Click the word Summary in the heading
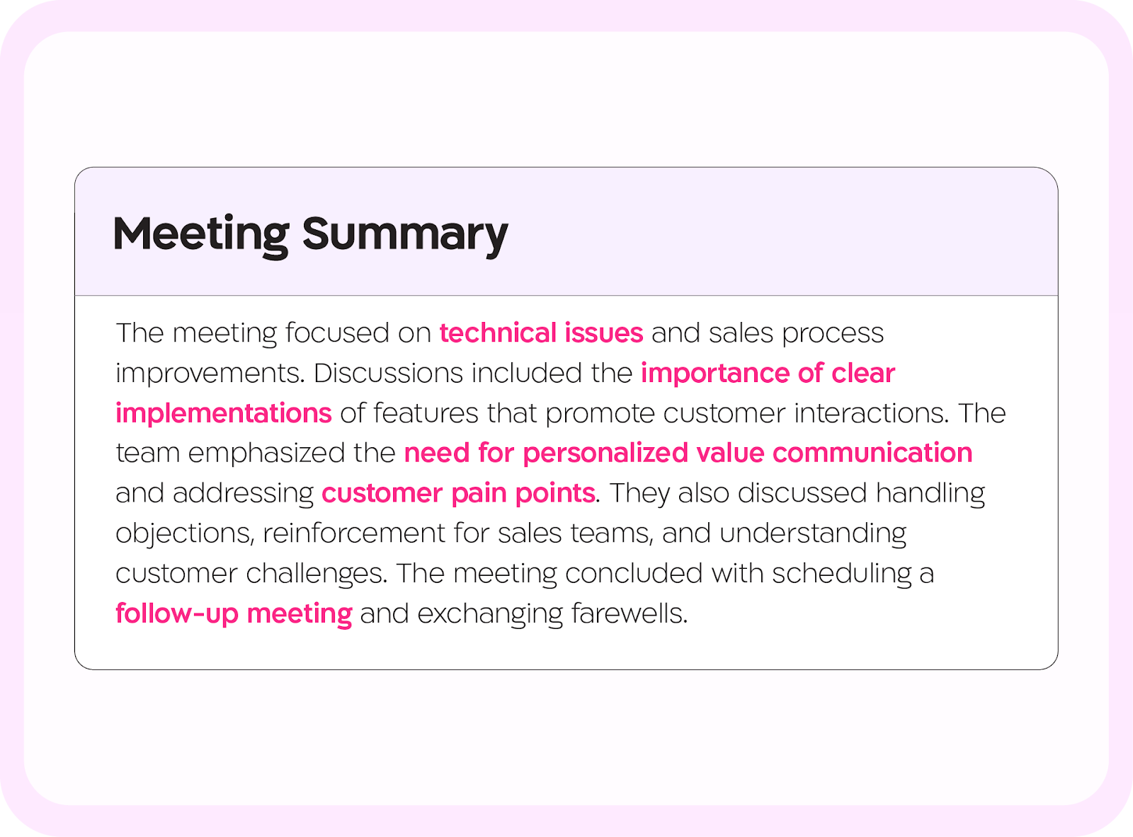pos(404,236)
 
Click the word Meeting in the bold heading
pos(201,236)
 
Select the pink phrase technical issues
pos(541,333)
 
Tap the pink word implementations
pos(224,413)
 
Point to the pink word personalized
pos(605,454)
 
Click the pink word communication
pos(872,453)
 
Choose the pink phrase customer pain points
pos(458,494)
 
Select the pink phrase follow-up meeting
pos(234,613)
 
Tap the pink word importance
pos(715,374)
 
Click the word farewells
pos(630,613)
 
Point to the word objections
pos(185,534)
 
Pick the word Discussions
pos(388,373)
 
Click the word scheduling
pos(842,574)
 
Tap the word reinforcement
pos(353,533)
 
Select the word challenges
pos(317,575)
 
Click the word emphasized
pos(266,454)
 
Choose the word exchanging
pos(490,614)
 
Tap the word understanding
pos(813,534)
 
